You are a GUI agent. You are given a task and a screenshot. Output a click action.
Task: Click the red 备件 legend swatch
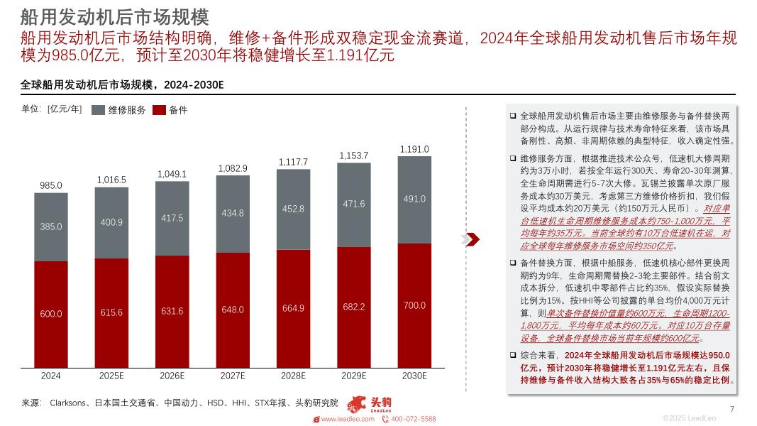tap(159, 110)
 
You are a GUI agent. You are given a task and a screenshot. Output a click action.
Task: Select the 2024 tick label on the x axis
tap(50, 376)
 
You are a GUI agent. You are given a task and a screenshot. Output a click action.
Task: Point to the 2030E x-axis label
tap(414, 376)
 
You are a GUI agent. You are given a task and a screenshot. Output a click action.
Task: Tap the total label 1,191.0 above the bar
tap(414, 149)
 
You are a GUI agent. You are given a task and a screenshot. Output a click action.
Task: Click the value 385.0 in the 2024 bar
tap(50, 226)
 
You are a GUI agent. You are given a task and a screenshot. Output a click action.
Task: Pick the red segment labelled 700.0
tap(414, 305)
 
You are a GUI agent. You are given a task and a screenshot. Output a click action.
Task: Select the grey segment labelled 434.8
tap(233, 213)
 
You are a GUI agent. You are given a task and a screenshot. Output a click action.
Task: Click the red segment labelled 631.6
tap(172, 311)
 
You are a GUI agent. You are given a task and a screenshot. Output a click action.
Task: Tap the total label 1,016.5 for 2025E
tap(111, 180)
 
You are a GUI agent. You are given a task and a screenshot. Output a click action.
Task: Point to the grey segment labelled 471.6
tap(353, 204)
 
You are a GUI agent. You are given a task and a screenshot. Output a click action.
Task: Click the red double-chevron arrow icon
tap(473, 239)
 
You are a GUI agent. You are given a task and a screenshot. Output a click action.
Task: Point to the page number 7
tap(731, 408)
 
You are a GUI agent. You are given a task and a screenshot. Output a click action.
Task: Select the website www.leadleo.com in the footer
tap(348, 419)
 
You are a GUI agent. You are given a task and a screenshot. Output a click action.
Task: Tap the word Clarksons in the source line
tap(69, 403)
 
